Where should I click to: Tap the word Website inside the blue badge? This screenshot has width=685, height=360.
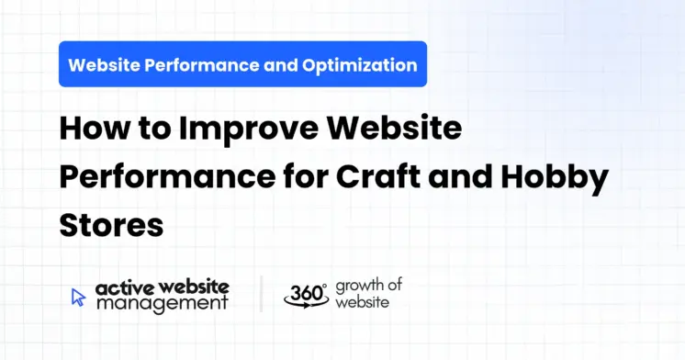tap(105, 65)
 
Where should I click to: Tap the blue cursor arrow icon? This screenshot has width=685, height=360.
tap(78, 296)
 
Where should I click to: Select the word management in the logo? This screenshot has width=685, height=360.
tap(162, 304)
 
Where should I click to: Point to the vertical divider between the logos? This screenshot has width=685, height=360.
tap(261, 294)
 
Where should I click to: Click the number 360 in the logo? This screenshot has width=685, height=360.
tap(304, 292)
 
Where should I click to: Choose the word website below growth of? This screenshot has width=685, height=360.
tap(362, 302)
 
